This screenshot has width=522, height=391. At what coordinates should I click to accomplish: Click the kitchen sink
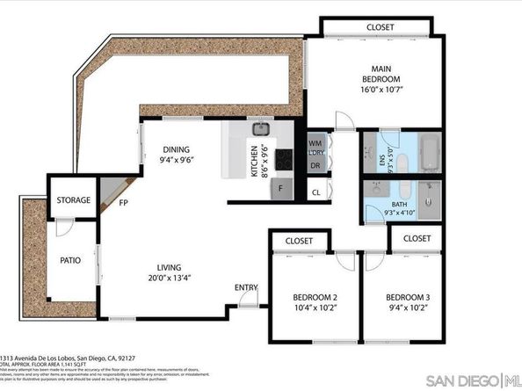click(x=261, y=130)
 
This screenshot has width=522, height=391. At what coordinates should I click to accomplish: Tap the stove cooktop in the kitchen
click(x=285, y=160)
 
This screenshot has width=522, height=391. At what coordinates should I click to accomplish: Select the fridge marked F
click(x=281, y=188)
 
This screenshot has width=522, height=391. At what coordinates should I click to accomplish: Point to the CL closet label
click(x=315, y=192)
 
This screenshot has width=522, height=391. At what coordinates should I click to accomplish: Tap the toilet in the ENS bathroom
click(x=400, y=163)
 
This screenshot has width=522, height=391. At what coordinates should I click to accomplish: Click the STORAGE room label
click(x=73, y=200)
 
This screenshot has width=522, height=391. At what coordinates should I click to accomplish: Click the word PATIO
click(x=71, y=261)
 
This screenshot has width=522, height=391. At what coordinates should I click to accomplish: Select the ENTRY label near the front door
click(x=245, y=288)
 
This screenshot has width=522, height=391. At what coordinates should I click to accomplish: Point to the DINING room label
click(x=177, y=149)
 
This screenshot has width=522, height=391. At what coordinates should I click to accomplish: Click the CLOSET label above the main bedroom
click(x=380, y=27)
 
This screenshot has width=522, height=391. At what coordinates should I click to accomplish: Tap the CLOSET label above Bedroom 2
click(x=299, y=240)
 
